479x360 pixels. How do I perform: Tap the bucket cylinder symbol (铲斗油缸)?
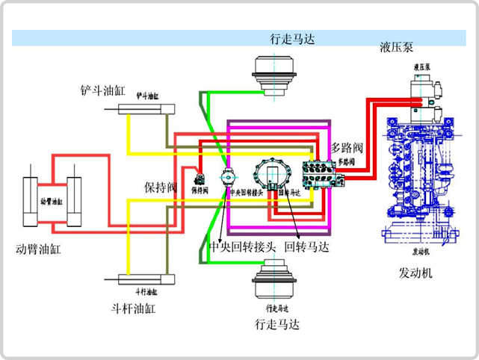pyautogui.click(x=146, y=109)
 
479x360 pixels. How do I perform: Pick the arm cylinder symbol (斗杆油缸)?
pyautogui.click(x=146, y=280)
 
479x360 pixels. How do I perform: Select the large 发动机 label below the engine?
pyautogui.click(x=415, y=273)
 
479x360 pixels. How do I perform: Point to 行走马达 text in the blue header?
pyautogui.click(x=292, y=39)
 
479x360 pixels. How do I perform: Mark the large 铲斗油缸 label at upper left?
pyautogui.click(x=102, y=90)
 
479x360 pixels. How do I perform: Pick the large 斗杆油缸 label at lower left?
pyautogui.click(x=132, y=308)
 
